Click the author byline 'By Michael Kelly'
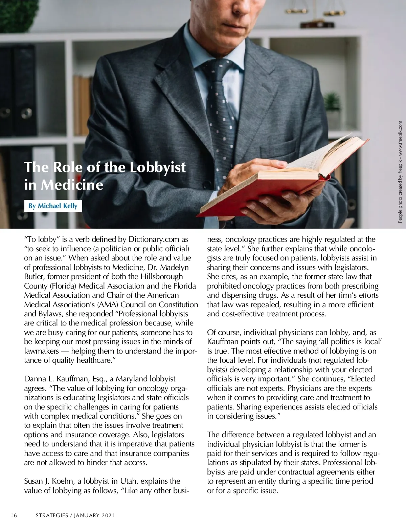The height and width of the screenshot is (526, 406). coord(53,206)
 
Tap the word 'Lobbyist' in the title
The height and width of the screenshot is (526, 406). coord(158,167)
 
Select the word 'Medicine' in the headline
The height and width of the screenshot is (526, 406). coord(72,185)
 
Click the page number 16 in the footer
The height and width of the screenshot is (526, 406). coord(14,516)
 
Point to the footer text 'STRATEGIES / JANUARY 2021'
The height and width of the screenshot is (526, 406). coord(75,516)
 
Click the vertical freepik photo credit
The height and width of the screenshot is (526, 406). coord(400,172)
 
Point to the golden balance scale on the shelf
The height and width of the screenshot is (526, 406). coord(316,14)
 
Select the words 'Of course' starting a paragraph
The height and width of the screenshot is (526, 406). coord(223,333)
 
